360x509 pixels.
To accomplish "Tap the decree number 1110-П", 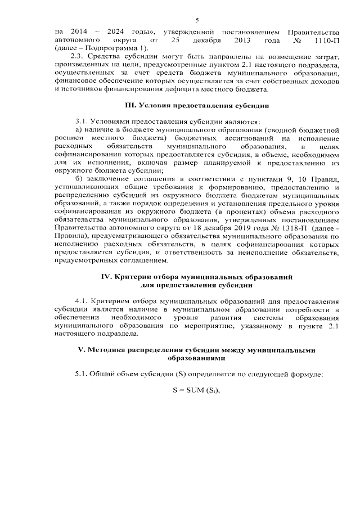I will click(x=322, y=42).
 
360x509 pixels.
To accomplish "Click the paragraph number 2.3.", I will click(x=74, y=58).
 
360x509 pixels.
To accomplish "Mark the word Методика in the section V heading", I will click(x=105, y=350).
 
